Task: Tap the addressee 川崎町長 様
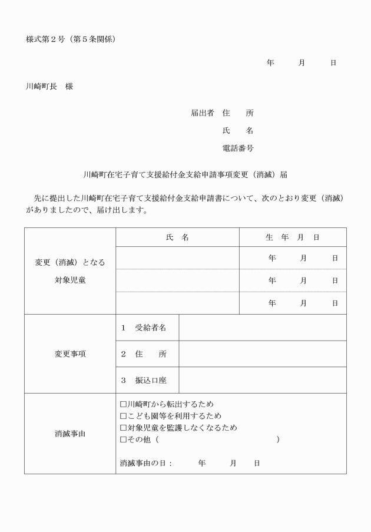click(x=49, y=86)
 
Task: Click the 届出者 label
click(x=203, y=113)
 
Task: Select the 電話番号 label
click(x=238, y=148)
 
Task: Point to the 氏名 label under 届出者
click(x=238, y=130)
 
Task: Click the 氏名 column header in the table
click(x=177, y=237)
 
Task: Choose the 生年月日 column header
click(x=293, y=237)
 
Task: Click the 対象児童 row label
click(x=70, y=280)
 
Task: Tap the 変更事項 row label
click(x=70, y=354)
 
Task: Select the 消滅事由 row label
click(x=70, y=434)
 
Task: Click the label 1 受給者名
click(x=143, y=328)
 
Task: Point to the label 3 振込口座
click(x=143, y=381)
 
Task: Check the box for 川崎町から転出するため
click(x=123, y=404)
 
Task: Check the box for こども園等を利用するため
click(x=123, y=416)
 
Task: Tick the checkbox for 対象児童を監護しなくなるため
click(x=123, y=428)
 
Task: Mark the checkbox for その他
click(x=123, y=440)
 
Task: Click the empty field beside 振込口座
click(x=262, y=381)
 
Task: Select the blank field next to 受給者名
click(x=262, y=328)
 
